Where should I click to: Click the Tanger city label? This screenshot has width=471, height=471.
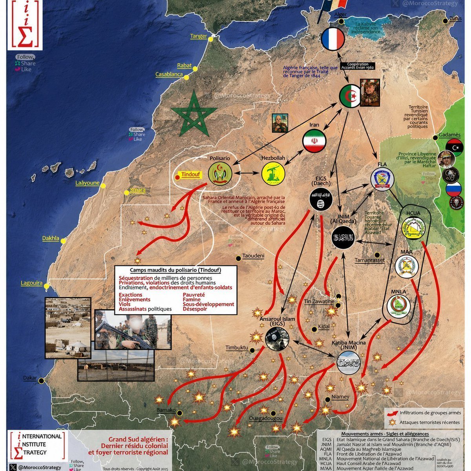tap(199, 36)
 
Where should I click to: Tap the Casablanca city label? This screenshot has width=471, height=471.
tap(169, 74)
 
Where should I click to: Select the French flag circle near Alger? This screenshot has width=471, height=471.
tap(333, 39)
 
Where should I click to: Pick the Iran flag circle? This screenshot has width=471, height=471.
tap(314, 141)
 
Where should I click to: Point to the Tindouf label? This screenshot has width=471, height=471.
tap(190, 174)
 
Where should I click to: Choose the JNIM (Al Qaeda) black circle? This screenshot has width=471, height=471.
tap(343, 237)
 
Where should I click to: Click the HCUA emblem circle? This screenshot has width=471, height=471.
tap(413, 227)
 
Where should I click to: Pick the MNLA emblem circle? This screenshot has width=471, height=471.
tap(398, 306)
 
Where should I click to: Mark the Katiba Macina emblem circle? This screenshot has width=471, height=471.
tap(349, 363)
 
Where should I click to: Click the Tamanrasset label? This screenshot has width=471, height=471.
tap(370, 260)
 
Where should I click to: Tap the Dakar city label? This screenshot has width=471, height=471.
tap(30, 378)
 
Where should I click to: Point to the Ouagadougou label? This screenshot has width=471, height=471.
tap(266, 419)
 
